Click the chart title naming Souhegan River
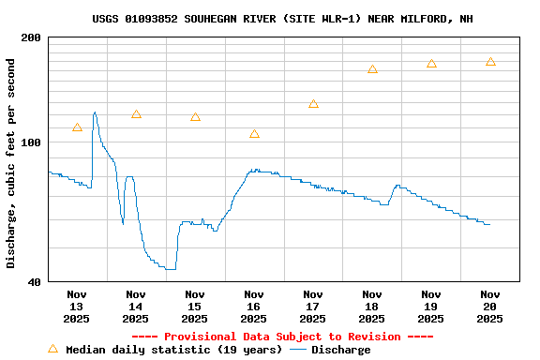pyautogui.click(x=282, y=19)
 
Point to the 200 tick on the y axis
pyautogui.click(x=32, y=37)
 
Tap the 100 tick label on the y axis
pyautogui.click(x=32, y=142)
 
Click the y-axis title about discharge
pyautogui.click(x=11, y=163)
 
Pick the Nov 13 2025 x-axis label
pyautogui.click(x=77, y=306)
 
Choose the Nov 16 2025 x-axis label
pyautogui.click(x=254, y=306)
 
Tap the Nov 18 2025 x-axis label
pyautogui.click(x=372, y=306)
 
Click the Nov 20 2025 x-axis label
pyautogui.click(x=490, y=306)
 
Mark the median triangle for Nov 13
pyautogui.click(x=77, y=127)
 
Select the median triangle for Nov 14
pyautogui.click(x=136, y=114)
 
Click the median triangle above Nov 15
pyautogui.click(x=195, y=117)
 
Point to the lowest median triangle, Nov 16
pyautogui.click(x=254, y=134)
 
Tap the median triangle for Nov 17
pyautogui.click(x=313, y=104)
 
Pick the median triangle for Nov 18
pyautogui.click(x=372, y=69)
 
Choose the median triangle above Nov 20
pyautogui.click(x=490, y=62)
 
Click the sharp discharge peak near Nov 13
pyautogui.click(x=95, y=112)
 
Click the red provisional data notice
pyautogui.click(x=282, y=337)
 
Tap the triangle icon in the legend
pyautogui.click(x=52, y=349)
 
